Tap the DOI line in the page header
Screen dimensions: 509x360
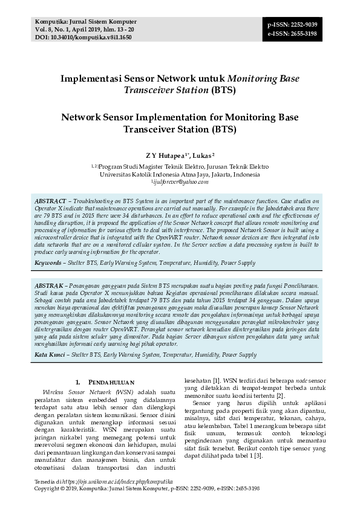click(x=75, y=37)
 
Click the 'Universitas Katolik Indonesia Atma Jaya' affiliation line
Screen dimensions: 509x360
click(x=180, y=174)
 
